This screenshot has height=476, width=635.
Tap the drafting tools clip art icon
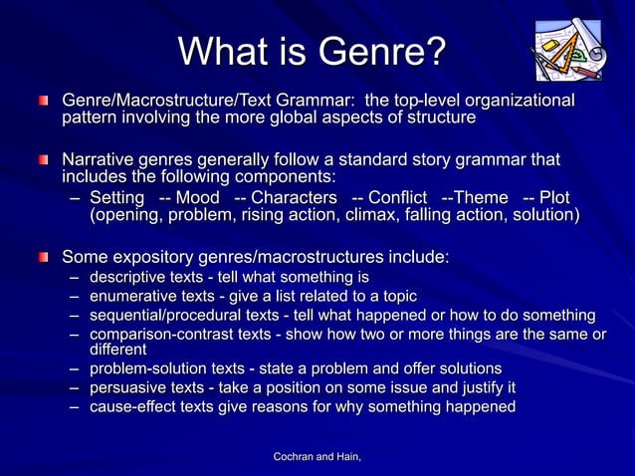(x=566, y=51)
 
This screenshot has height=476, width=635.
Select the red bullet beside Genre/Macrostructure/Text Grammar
(x=44, y=102)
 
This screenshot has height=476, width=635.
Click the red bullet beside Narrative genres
(x=44, y=160)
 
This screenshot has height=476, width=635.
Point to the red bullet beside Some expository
(x=44, y=258)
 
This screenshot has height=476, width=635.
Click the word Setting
(x=116, y=197)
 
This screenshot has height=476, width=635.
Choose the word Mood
(x=197, y=197)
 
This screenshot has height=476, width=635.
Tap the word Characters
(x=295, y=197)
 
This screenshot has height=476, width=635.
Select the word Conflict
(x=397, y=197)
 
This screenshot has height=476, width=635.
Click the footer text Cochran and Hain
(x=317, y=456)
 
